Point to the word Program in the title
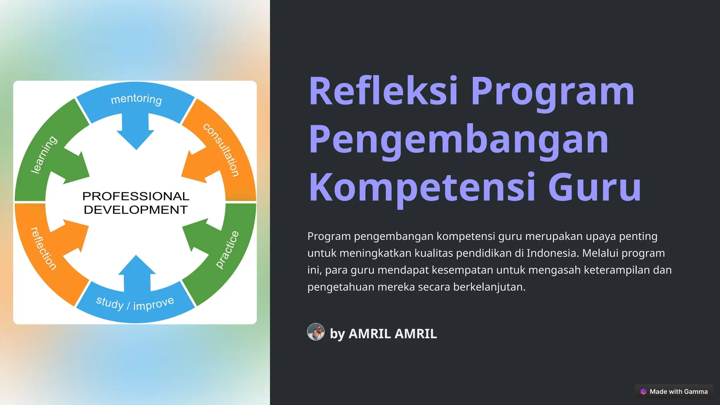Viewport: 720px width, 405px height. tap(552, 92)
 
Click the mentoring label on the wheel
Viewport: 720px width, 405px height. tap(136, 99)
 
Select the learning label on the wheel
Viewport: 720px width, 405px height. tap(44, 155)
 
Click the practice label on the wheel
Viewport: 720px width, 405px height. tap(227, 250)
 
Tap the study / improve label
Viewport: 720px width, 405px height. tap(135, 303)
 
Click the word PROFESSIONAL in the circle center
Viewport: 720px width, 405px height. tap(136, 196)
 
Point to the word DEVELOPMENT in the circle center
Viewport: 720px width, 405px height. tap(136, 210)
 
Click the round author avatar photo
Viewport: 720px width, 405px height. tap(316, 332)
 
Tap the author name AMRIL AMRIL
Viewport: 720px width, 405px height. tap(392, 334)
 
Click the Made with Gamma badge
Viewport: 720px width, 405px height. tap(674, 392)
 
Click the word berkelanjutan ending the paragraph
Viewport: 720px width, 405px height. tap(489, 287)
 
